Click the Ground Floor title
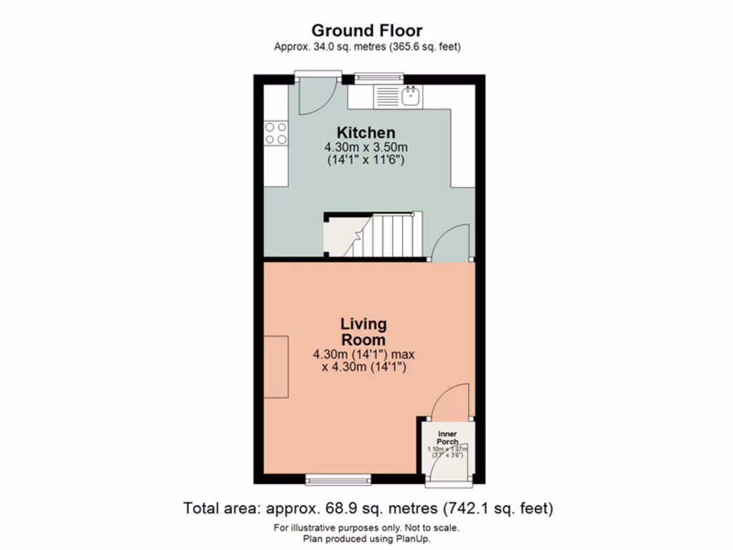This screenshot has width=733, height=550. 366,30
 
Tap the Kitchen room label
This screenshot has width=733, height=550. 366,132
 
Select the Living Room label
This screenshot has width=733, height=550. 363,332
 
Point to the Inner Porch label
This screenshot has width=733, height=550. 447,438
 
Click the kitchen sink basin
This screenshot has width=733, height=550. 412,96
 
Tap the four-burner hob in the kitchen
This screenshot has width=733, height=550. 276,133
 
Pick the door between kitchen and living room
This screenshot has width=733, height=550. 451,242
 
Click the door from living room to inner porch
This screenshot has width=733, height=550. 451,401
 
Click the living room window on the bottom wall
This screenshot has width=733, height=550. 338,478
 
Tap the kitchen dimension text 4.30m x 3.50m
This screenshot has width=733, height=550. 366,148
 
